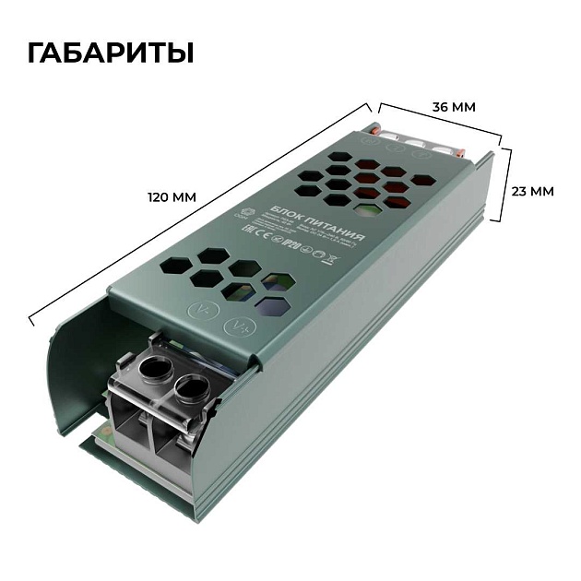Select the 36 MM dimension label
pyautogui.click(x=454, y=107)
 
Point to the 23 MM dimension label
pyautogui.click(x=532, y=192)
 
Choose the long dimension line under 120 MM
pyautogui.click(x=198, y=212)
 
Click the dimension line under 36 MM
pyautogui.click(x=439, y=121)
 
